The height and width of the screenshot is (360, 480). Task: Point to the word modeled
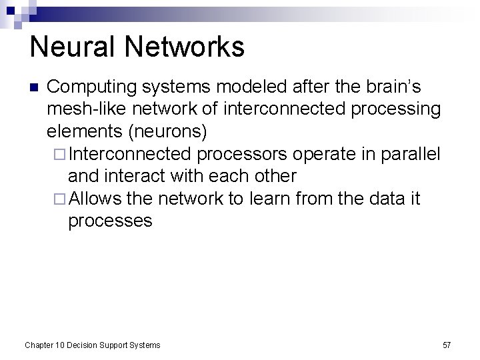pyautogui.click(x=262, y=88)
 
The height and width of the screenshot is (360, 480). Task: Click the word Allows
pyautogui.click(x=92, y=199)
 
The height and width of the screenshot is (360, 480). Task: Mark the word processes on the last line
pyautogui.click(x=111, y=221)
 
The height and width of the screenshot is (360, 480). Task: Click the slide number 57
pyautogui.click(x=447, y=345)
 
